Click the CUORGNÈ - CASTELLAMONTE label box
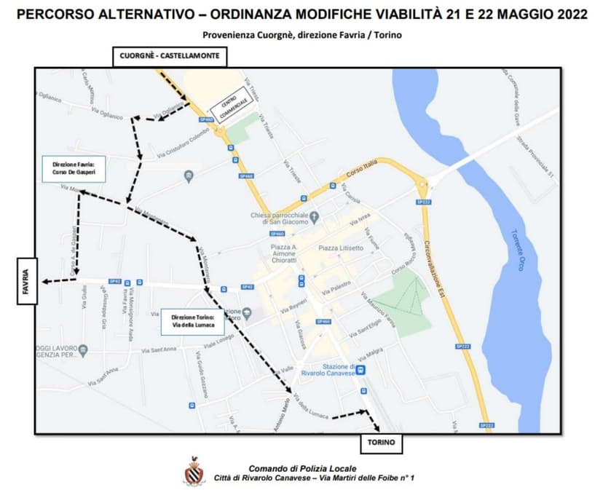[170, 55]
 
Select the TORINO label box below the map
[381, 442]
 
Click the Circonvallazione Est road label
[440, 269]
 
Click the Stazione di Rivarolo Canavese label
[331, 371]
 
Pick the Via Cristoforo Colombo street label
[189, 148]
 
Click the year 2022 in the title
[565, 15]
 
